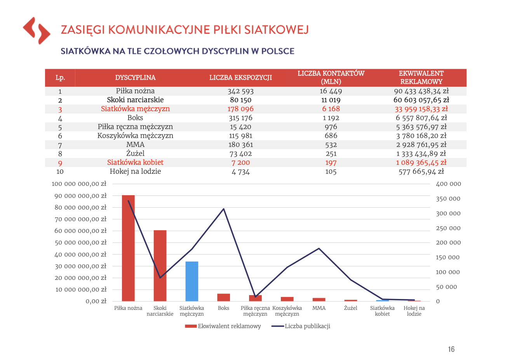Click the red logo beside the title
37,30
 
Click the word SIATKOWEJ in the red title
277,30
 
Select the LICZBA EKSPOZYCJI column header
241,77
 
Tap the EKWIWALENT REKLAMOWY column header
421,77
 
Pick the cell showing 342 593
241,91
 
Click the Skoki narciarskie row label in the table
135,100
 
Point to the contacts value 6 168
331,109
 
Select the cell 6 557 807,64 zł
421,118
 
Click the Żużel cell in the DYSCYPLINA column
135,153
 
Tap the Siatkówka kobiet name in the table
135,163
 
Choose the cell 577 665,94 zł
421,171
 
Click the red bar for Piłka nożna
128,248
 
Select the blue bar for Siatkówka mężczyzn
192,281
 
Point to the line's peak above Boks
223,209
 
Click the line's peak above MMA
319,248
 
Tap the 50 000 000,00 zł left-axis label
81,243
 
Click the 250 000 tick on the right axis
448,228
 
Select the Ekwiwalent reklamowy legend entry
223,326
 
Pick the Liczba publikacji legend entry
301,326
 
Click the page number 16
451,349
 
